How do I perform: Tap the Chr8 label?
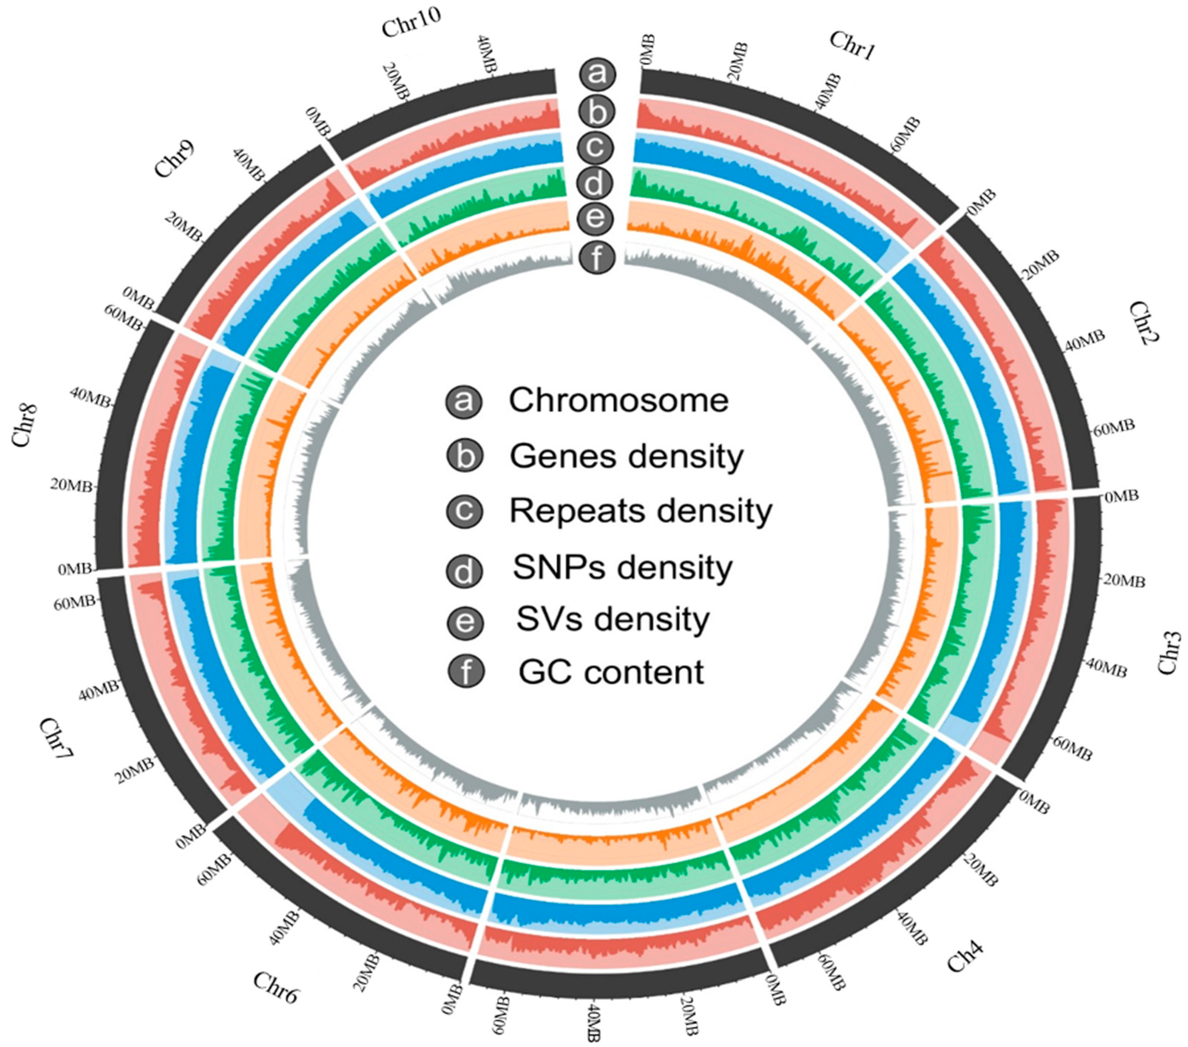tap(25, 426)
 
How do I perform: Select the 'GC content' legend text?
tap(611, 672)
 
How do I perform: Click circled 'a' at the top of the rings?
tap(596, 74)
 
